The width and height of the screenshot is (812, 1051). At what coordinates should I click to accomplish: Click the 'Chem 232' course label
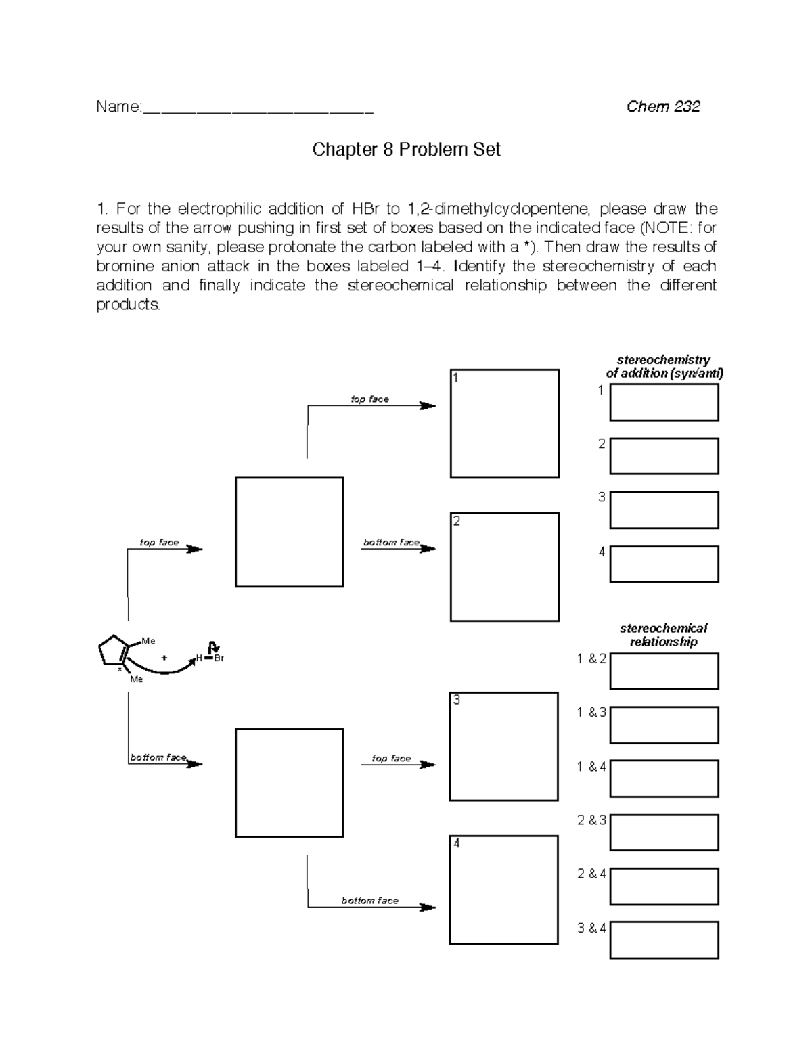pos(662,106)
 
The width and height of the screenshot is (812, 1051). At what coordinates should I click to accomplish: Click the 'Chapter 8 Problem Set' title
pos(406,150)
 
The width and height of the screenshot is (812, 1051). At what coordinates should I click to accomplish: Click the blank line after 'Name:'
pos(258,108)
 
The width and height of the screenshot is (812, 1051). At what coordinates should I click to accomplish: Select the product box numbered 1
pos(505,424)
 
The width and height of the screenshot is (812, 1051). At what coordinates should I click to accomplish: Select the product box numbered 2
pos(505,567)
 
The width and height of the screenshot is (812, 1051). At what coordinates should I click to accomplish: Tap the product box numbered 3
pos(504,746)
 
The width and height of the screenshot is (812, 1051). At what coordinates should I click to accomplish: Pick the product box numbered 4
pos(504,890)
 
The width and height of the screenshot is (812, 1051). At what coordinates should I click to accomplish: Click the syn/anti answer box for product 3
pos(664,510)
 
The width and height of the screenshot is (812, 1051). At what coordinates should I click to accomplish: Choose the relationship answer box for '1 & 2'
pos(664,671)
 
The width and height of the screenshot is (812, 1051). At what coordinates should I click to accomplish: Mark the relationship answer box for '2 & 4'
pos(664,887)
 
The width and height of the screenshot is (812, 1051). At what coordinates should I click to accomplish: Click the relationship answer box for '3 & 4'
pos(664,941)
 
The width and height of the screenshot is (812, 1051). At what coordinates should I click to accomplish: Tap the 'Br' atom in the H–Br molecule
pos(219,658)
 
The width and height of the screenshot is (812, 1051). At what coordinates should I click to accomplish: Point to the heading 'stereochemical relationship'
pos(663,635)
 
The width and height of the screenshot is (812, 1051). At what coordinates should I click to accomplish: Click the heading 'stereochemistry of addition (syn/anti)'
pos(664,366)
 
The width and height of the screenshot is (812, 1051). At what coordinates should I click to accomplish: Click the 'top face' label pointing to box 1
pos(369,399)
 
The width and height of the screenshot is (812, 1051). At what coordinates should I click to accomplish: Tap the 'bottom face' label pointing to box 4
pos(369,901)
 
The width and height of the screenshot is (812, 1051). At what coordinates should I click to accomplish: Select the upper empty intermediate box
pos(289,532)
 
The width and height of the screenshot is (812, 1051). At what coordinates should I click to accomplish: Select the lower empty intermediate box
pos(289,783)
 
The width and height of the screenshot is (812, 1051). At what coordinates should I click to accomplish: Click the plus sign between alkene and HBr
pos(164,657)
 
